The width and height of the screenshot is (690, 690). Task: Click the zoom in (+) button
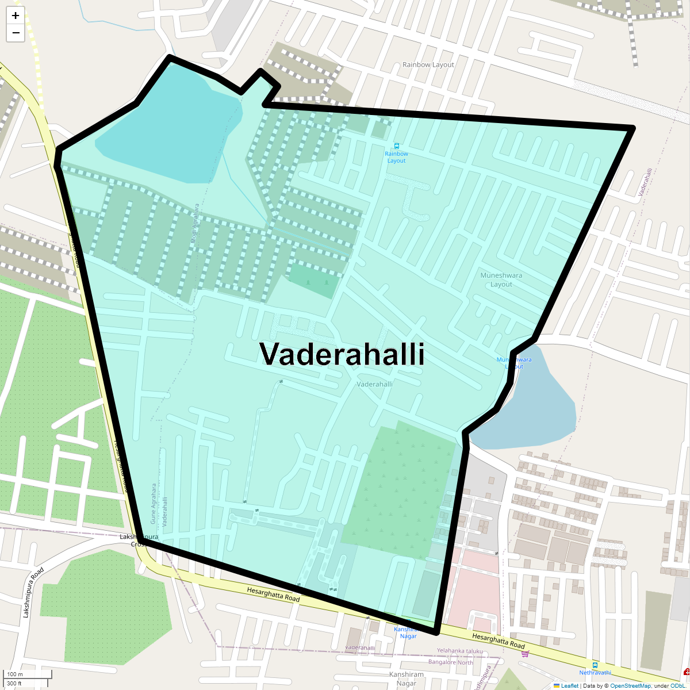coord(16,16)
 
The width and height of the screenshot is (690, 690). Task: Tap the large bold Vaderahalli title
coord(342,354)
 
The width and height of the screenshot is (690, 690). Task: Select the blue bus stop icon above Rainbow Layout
coord(396,146)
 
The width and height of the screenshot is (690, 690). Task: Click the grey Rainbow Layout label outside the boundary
coord(428,65)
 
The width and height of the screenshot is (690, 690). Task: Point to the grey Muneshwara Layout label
coord(501,279)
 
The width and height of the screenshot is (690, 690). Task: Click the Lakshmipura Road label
coord(33,593)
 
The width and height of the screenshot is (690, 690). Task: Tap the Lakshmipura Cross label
coord(139,540)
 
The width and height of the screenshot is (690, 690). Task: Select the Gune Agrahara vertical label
coord(154,504)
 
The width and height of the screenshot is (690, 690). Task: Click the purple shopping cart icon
coord(524,653)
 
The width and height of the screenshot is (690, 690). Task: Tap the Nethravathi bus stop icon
coord(595,665)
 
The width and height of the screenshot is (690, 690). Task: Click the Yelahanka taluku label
coord(459,651)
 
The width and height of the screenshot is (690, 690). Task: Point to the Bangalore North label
coord(450,662)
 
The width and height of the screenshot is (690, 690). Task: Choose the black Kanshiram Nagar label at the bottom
coord(406,679)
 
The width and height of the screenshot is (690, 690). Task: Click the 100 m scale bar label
coord(16,674)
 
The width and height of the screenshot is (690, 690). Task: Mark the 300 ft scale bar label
coord(14,684)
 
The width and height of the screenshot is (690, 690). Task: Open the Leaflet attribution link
coord(569,686)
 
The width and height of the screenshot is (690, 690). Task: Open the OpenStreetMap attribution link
coord(630,686)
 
